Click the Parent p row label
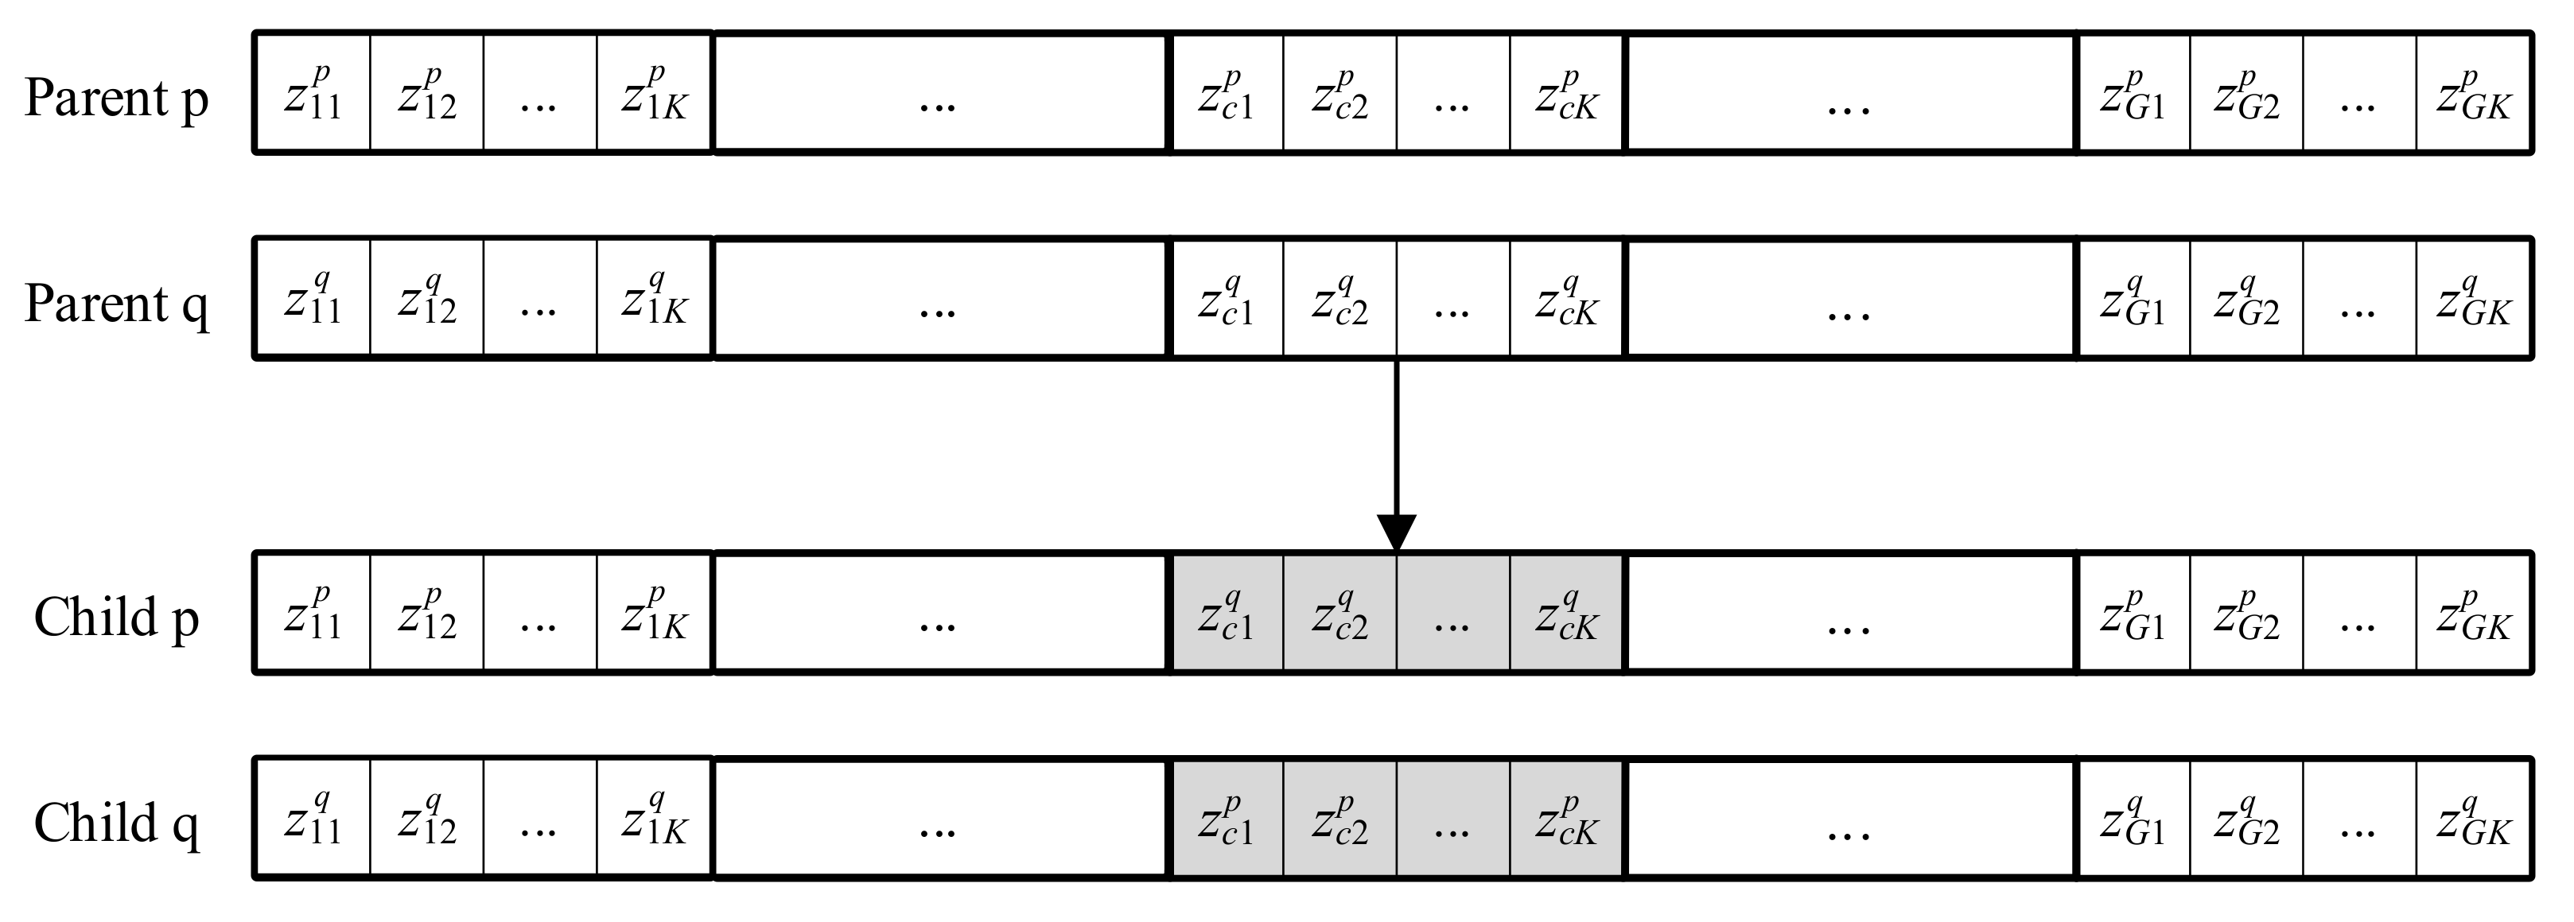pyautogui.click(x=117, y=97)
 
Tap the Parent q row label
pyautogui.click(x=117, y=303)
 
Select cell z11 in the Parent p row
pyautogui.click(x=313, y=93)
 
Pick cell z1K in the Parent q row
pyautogui.click(x=655, y=298)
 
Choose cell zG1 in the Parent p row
pyautogui.click(x=2133, y=93)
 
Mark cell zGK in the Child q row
pyautogui.click(x=2473, y=818)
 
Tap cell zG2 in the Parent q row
pyautogui.click(x=2246, y=298)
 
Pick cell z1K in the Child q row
pyautogui.click(x=655, y=818)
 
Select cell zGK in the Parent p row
pyautogui.click(x=2473, y=93)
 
